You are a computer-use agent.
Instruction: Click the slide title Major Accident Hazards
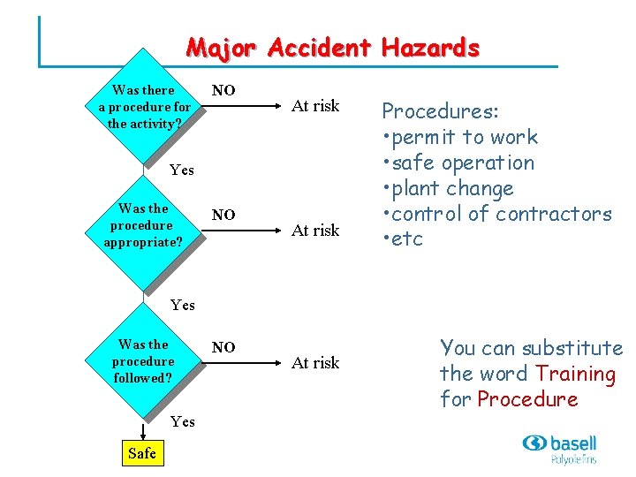pyautogui.click(x=332, y=48)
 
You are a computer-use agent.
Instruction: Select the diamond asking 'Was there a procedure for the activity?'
pyautogui.click(x=143, y=107)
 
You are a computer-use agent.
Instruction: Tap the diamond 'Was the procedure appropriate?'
pyautogui.click(x=143, y=225)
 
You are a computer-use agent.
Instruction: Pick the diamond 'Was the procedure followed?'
pyautogui.click(x=143, y=361)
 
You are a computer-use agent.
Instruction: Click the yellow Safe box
pyautogui.click(x=141, y=453)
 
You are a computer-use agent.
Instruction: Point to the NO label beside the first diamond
pyautogui.click(x=223, y=90)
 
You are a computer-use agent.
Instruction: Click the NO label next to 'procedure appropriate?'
pyautogui.click(x=223, y=215)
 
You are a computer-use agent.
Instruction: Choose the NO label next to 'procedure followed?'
pyautogui.click(x=223, y=348)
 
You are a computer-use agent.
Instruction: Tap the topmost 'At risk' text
pyautogui.click(x=315, y=106)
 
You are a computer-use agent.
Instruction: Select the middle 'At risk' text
pyautogui.click(x=315, y=231)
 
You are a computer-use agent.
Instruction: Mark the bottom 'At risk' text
pyautogui.click(x=315, y=363)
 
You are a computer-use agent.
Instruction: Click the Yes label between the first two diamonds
pyautogui.click(x=182, y=170)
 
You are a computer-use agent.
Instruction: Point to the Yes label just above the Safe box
pyautogui.click(x=182, y=421)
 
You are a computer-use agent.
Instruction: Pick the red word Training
pyautogui.click(x=575, y=374)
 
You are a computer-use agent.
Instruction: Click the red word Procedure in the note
pyautogui.click(x=527, y=399)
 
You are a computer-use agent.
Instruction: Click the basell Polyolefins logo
pyautogui.click(x=559, y=448)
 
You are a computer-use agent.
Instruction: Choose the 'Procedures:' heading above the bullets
pyautogui.click(x=440, y=111)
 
